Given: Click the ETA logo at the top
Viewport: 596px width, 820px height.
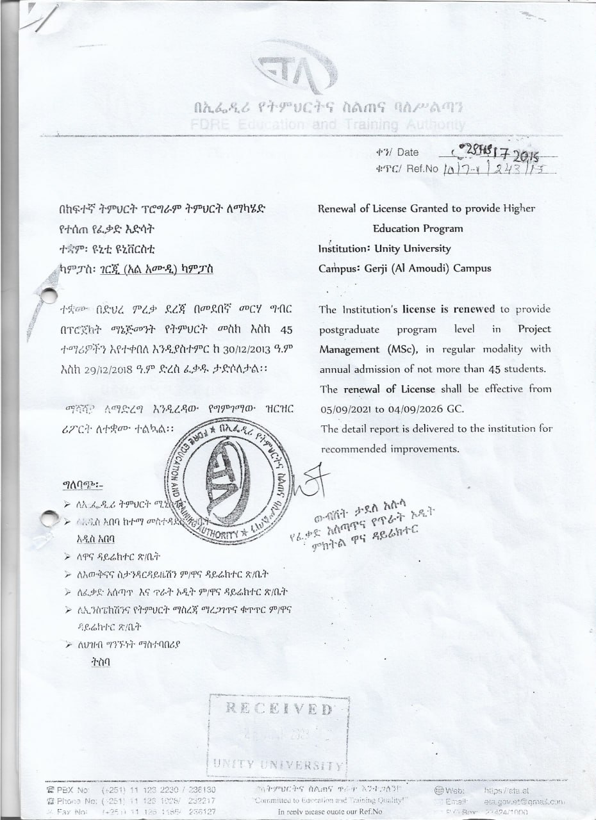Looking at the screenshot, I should [296, 72].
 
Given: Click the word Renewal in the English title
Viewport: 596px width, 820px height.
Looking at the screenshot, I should [340, 209].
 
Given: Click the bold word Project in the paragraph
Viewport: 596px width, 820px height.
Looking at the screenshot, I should [534, 329].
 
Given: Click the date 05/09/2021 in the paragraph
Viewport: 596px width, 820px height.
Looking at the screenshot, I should [346, 409].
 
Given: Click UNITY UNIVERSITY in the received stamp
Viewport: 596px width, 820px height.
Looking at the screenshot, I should [277, 765].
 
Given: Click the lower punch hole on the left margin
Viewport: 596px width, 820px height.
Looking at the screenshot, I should [49, 521].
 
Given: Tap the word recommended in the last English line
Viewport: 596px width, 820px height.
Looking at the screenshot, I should [355, 448].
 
